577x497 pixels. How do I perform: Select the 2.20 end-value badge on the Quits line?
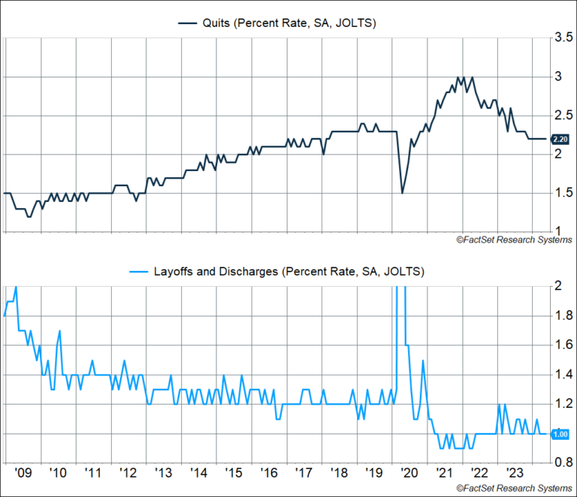(560, 139)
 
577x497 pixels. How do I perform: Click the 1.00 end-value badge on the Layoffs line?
(560, 434)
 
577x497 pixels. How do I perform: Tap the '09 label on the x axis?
(23, 474)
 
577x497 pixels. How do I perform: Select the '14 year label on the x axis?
(198, 474)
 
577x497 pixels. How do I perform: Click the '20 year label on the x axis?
(409, 474)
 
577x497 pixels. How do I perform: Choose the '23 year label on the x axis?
(515, 474)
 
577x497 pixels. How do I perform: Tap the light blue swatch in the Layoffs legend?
(141, 270)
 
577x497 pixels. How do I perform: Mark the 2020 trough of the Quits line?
(402, 193)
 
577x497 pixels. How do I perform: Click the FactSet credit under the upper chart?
(513, 239)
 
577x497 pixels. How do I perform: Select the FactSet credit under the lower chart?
(513, 489)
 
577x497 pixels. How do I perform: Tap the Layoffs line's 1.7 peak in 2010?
(59, 330)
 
